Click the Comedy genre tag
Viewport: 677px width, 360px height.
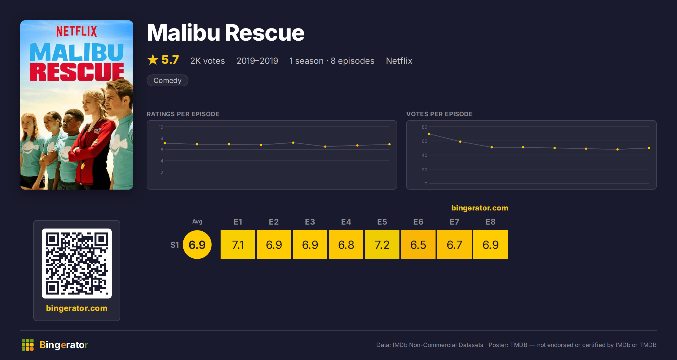pyautogui.click(x=167, y=80)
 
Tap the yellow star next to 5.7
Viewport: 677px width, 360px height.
pyautogui.click(x=153, y=60)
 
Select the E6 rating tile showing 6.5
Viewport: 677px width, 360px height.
pyautogui.click(x=418, y=245)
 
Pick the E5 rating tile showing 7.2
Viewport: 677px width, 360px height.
pyautogui.click(x=382, y=245)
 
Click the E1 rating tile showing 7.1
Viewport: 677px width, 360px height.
pyautogui.click(x=238, y=245)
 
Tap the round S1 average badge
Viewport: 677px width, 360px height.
pyautogui.click(x=197, y=245)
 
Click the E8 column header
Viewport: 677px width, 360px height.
pyautogui.click(x=491, y=222)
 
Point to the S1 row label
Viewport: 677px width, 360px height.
pyautogui.click(x=175, y=245)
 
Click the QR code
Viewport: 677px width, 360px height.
pyautogui.click(x=77, y=264)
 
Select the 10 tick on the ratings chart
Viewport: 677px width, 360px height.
pyautogui.click(x=161, y=127)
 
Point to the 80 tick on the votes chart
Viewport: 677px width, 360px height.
pyautogui.click(x=424, y=127)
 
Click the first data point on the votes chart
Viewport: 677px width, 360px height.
pyautogui.click(x=429, y=134)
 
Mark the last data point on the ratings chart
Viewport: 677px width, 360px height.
pyautogui.click(x=390, y=144)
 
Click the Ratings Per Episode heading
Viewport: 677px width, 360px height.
pyautogui.click(x=183, y=114)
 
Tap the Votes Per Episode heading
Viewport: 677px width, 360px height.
pyautogui.click(x=439, y=114)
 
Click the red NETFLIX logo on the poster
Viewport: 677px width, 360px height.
pyautogui.click(x=76, y=31)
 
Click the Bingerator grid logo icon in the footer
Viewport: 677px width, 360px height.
pyautogui.click(x=28, y=345)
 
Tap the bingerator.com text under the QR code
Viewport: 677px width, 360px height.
pyautogui.click(x=77, y=308)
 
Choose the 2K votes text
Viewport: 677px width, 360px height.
pyautogui.click(x=208, y=61)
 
